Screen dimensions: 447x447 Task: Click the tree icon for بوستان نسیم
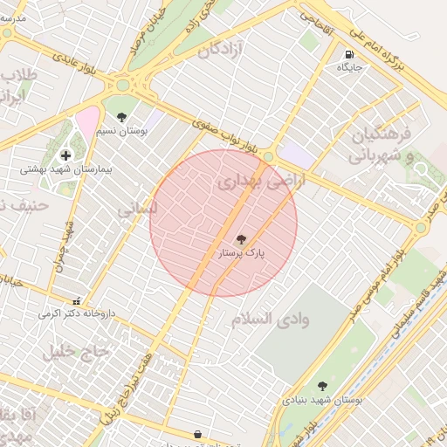120,117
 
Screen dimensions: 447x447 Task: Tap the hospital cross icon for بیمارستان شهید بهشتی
65,155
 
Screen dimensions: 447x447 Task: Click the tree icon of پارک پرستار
241,238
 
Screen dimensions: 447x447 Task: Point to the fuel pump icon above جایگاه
349,52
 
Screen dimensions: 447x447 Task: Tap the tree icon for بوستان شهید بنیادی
322,385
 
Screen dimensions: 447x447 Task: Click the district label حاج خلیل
77,351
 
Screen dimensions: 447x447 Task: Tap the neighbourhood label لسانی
139,210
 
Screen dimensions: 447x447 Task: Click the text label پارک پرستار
241,253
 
